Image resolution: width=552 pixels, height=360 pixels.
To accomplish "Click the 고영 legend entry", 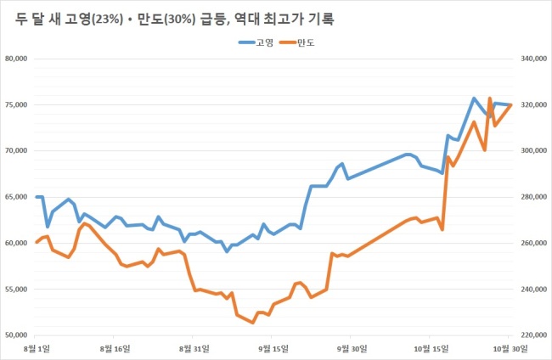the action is pos(256,42).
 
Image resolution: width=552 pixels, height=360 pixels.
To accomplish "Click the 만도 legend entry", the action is pos(297,42).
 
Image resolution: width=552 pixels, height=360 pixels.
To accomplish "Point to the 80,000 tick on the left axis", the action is pos(16,59).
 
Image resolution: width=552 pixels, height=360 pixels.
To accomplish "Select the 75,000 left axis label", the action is pos(16,105).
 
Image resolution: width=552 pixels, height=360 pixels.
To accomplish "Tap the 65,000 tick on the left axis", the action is pos(16,197).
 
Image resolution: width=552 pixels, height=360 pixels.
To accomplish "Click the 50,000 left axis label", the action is pos(16,335).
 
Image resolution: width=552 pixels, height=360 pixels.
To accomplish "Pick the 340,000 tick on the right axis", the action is pos(534,59).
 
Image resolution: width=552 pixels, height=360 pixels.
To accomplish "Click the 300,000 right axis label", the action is pos(534,150).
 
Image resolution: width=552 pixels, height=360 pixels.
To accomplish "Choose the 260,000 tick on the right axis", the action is pos(534,243).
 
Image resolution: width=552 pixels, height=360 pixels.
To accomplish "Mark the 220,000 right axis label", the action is pos(534,335).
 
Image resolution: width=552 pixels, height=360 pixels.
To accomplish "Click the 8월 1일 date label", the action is pos(37,349).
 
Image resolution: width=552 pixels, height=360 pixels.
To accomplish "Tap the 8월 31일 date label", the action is pos(194,349).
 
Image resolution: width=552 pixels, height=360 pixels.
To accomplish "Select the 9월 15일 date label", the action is pos(273,349).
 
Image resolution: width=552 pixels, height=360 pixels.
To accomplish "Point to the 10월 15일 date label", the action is pos(431,349).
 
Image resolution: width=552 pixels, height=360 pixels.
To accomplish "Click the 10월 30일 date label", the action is pos(510,349).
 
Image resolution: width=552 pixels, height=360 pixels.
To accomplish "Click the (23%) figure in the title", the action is pos(107,20).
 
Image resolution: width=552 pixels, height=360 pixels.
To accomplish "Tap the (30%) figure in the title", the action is pos(179,20).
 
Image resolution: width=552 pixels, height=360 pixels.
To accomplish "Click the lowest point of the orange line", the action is pos(253,323).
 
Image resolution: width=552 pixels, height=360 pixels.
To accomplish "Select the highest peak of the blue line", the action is pos(474,98).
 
